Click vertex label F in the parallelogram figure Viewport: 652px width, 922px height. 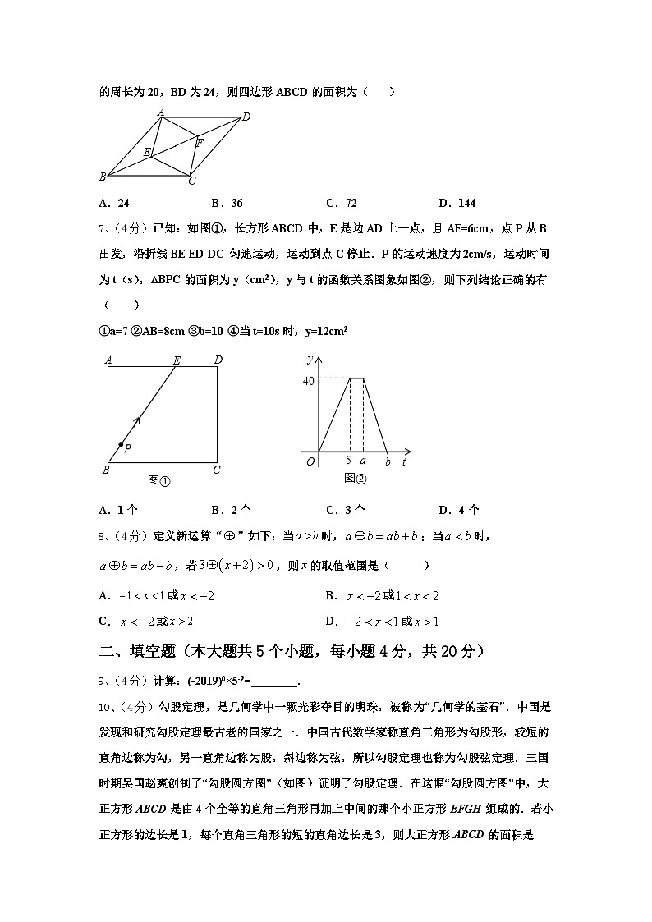tap(200, 142)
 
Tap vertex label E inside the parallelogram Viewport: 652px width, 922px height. tap(147, 152)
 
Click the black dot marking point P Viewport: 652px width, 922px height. tap(121, 444)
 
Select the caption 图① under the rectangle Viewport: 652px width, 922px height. tap(158, 481)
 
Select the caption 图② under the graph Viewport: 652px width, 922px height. tap(355, 478)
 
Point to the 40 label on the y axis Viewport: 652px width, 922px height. tap(309, 380)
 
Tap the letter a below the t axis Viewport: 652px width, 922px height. tap(363, 461)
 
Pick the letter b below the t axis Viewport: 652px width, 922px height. tap(388, 461)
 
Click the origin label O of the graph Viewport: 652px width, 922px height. tap(310, 461)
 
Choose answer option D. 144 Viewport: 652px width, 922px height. tap(457, 204)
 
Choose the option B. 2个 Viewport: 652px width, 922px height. tap(231, 510)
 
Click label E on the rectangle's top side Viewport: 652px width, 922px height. tap(177, 360)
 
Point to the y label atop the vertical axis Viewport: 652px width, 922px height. tap(309, 360)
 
